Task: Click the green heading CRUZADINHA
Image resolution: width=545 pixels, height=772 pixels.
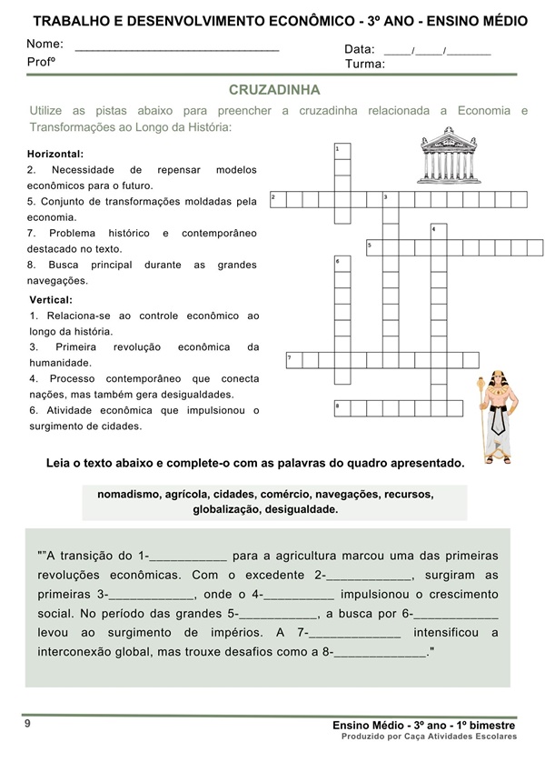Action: click(274, 90)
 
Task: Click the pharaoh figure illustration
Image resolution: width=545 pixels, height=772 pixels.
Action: click(494, 415)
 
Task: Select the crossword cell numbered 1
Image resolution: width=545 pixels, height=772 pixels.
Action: click(342, 150)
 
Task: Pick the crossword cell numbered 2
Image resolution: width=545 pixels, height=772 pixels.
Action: click(277, 199)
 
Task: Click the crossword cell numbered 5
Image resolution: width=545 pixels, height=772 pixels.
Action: click(374, 246)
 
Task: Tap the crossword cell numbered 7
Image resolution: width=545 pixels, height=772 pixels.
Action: click(293, 359)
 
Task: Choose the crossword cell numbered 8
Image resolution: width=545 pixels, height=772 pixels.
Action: click(342, 406)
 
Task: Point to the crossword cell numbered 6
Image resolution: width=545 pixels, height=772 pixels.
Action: click(342, 265)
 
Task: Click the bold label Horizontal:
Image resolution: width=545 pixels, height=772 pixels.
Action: click(55, 154)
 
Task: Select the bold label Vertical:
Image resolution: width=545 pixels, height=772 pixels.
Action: click(51, 299)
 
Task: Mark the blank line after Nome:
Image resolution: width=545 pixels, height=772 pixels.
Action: click(177, 46)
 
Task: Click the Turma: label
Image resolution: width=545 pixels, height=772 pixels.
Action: click(364, 64)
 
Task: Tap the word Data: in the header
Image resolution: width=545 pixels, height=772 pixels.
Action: click(360, 48)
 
